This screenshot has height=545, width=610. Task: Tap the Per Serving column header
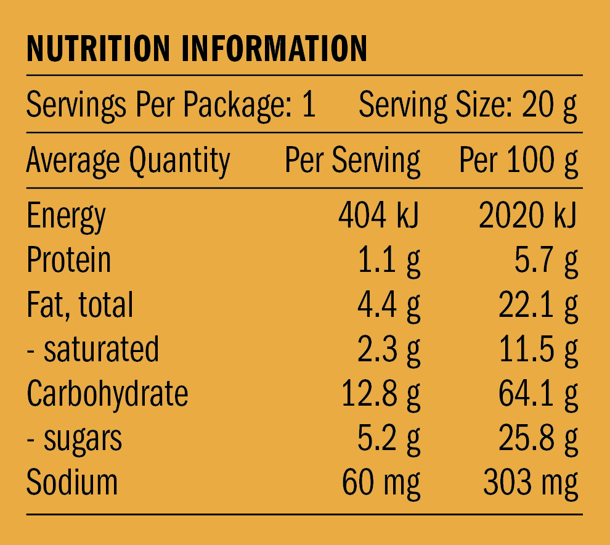click(352, 161)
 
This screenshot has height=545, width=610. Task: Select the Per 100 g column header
click(519, 161)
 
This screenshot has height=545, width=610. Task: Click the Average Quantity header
click(128, 161)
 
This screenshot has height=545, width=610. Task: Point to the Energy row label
click(66, 217)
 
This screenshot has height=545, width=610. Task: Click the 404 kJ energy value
click(379, 216)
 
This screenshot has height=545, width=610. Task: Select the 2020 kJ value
click(528, 216)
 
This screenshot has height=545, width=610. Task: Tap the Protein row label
click(69, 260)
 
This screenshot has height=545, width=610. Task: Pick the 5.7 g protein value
click(547, 260)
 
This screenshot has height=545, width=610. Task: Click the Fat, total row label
click(80, 305)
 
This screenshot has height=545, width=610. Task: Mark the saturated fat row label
click(93, 349)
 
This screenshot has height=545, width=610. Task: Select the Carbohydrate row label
click(107, 393)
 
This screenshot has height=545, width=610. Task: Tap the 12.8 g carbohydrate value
click(381, 393)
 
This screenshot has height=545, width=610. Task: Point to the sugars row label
click(75, 438)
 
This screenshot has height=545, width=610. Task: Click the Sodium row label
click(72, 483)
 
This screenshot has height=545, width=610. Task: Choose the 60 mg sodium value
click(381, 483)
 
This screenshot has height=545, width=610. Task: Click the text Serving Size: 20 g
click(468, 106)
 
